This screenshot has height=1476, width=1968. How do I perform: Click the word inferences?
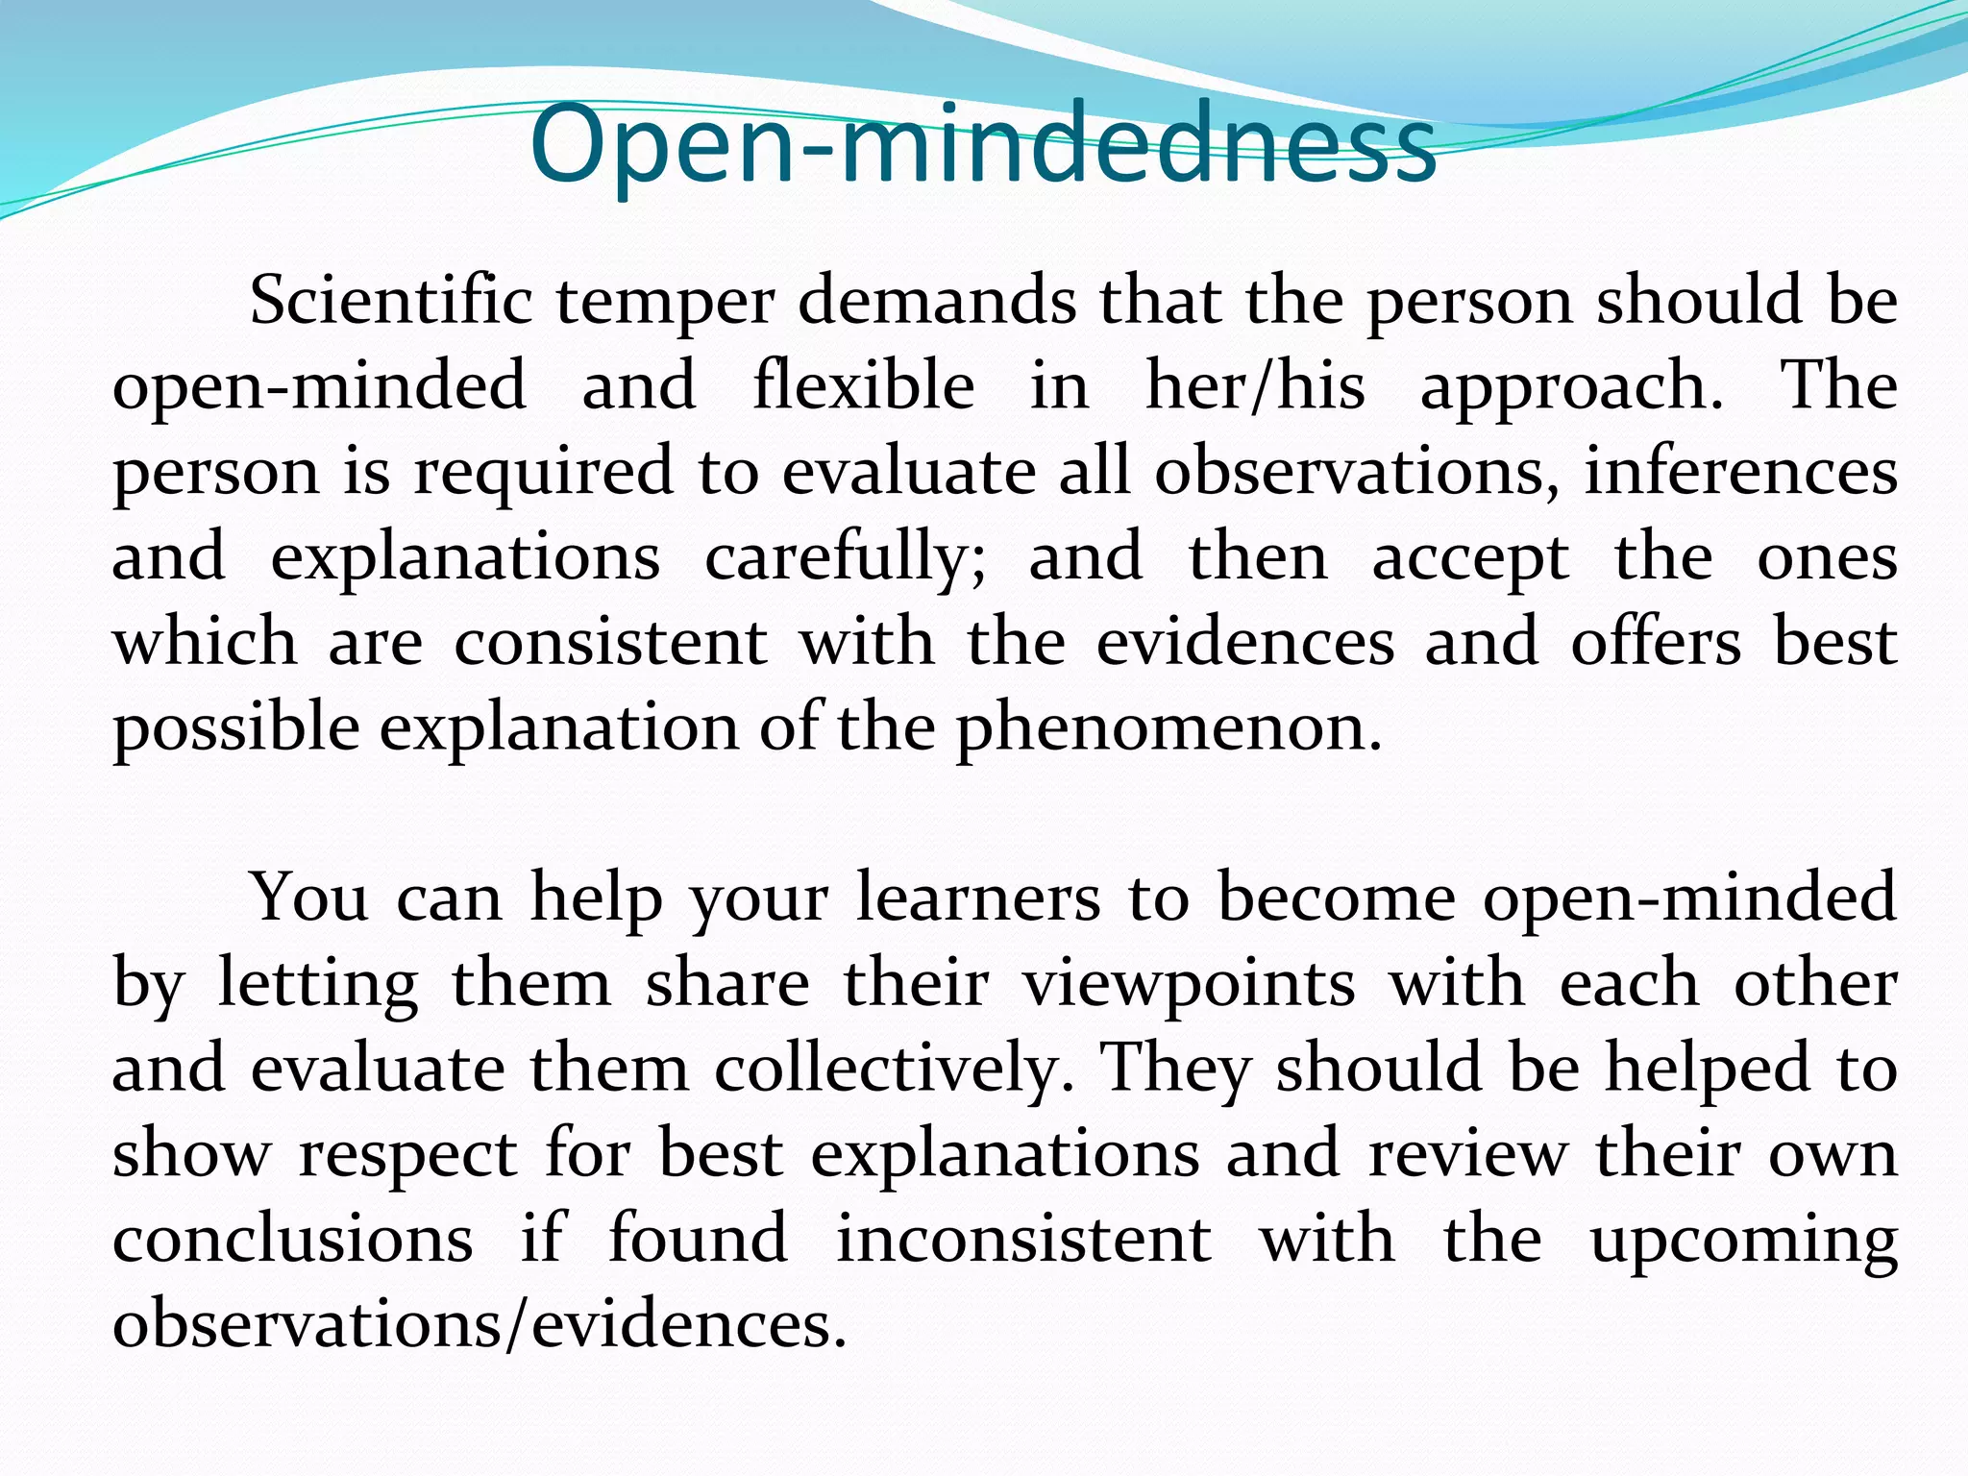[1740, 472]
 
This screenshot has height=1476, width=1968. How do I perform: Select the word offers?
[1655, 642]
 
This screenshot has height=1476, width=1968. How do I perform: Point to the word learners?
[977, 898]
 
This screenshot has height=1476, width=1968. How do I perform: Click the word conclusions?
[292, 1239]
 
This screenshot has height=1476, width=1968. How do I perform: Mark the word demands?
[937, 302]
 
